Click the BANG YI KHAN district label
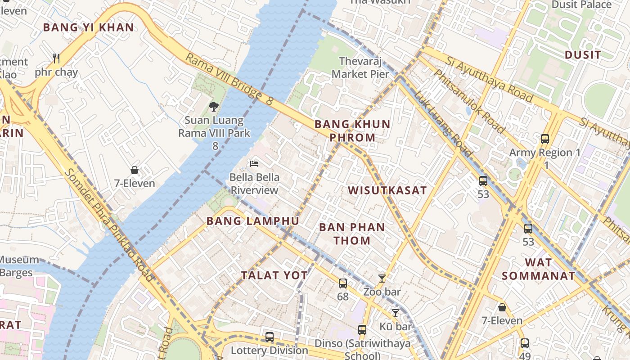coord(88,27)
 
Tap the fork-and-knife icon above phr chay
coord(56,58)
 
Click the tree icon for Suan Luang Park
coord(213,106)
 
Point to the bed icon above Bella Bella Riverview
coord(255,163)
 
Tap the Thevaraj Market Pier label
coord(360,67)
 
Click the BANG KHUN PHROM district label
coord(352,130)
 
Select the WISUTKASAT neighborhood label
coord(387,190)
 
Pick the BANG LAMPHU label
coord(252,221)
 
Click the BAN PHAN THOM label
coord(352,234)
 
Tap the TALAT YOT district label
coord(274,275)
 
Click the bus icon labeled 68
coord(343,283)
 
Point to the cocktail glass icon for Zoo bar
coord(382,278)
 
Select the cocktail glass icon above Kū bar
coord(395,313)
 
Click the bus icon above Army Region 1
coord(544,139)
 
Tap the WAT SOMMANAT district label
coord(538,269)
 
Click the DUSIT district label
coord(582,55)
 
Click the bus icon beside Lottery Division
coord(269,337)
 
